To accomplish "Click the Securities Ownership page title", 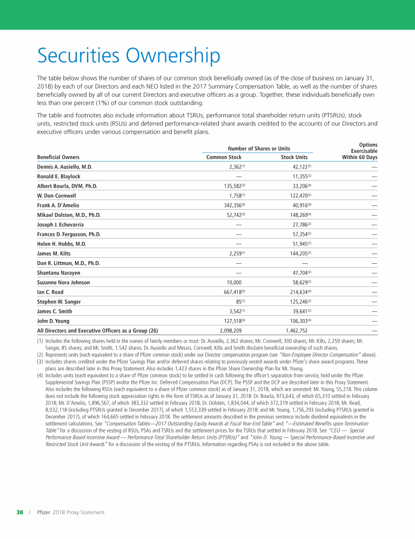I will [x=129, y=56].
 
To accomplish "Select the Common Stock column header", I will [x=224, y=157].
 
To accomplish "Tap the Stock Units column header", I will [x=294, y=157].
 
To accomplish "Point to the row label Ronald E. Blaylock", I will [x=58, y=176].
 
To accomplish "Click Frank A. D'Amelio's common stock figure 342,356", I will [x=229, y=205].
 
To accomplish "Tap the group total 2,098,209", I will [x=231, y=330].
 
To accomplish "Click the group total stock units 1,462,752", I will [x=297, y=330].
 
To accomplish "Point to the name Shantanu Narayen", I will [x=59, y=272].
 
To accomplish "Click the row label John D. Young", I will [x=54, y=321].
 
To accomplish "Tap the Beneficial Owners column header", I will [x=58, y=157].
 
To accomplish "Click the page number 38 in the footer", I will [x=19, y=512].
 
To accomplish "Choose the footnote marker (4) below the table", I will [x=40, y=375].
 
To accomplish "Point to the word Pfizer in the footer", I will [x=44, y=512].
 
